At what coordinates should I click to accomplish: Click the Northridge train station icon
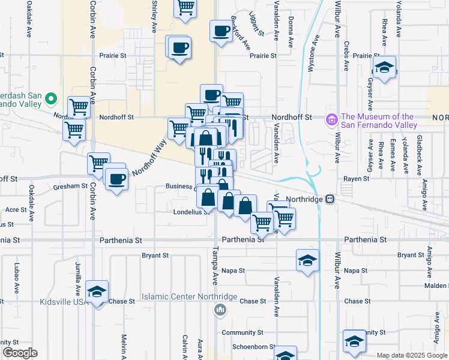tap(330, 199)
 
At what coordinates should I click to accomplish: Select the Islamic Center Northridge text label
tap(190, 297)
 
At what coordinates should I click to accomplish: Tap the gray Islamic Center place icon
tap(220, 310)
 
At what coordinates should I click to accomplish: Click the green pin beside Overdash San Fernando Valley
tap(51, 100)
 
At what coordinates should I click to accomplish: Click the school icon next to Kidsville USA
tap(97, 292)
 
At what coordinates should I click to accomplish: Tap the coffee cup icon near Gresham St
tap(116, 178)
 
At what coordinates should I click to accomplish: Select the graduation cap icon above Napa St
tap(307, 261)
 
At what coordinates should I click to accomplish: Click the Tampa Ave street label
tap(214, 265)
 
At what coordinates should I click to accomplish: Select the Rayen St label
tap(355, 179)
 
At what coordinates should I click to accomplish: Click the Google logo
tap(20, 352)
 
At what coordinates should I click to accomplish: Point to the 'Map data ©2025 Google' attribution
tap(412, 355)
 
